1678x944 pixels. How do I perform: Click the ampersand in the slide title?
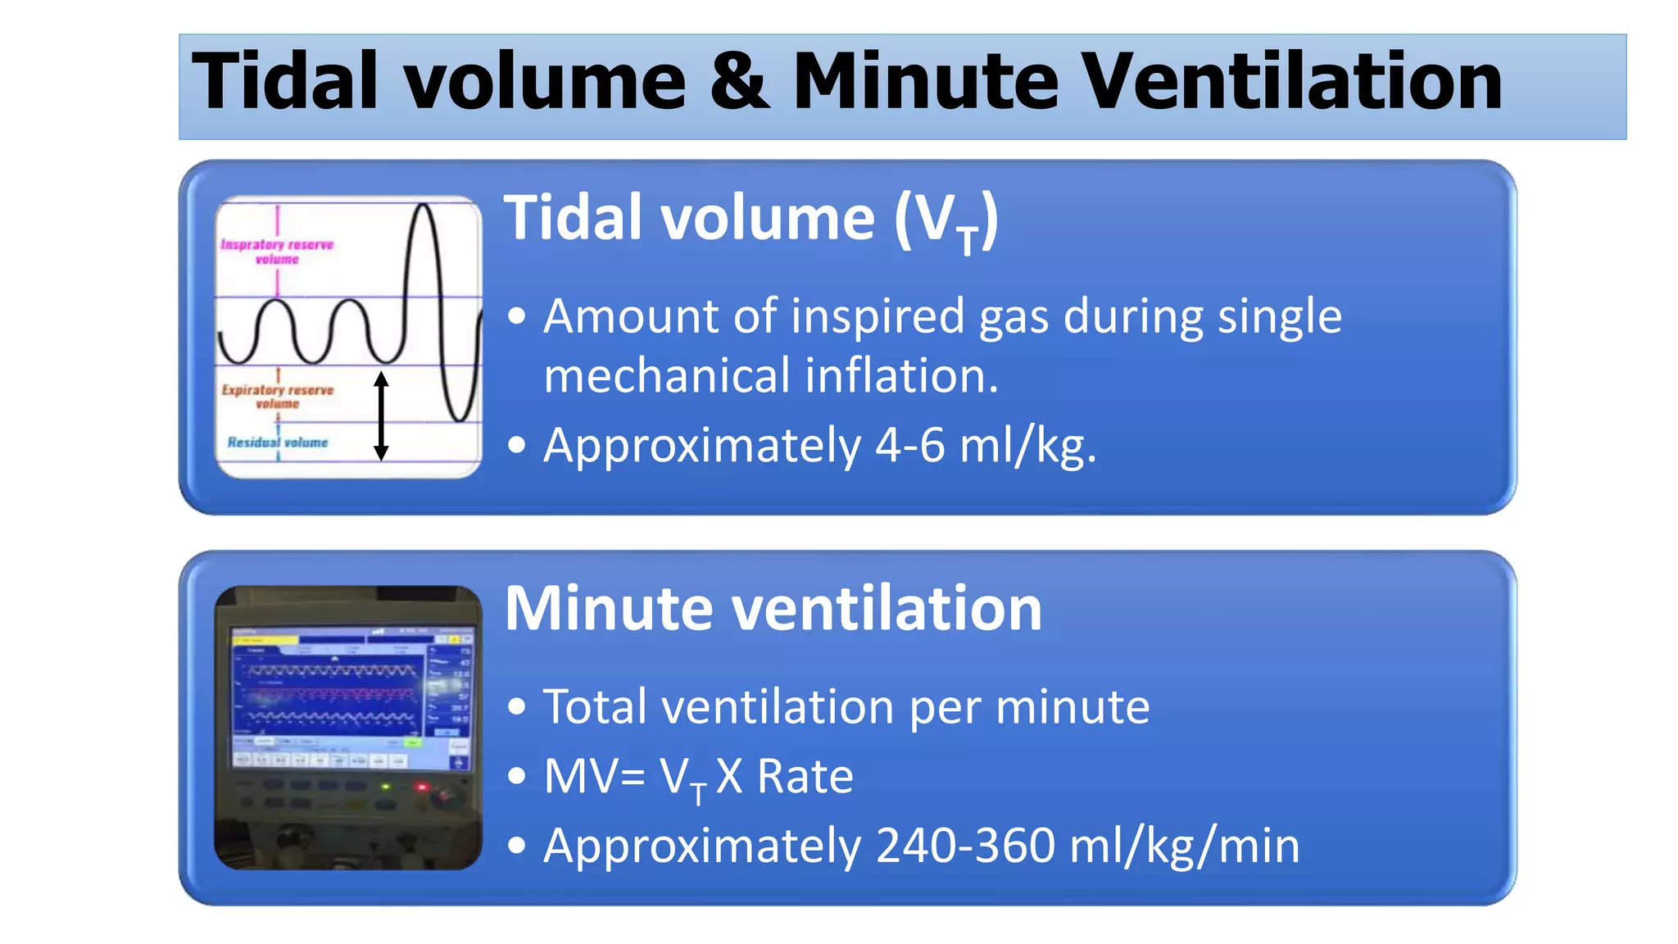click(740, 82)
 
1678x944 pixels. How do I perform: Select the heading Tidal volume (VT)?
click(751, 220)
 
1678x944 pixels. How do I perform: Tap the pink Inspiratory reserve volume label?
click(277, 252)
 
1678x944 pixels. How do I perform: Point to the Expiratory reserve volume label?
click(278, 397)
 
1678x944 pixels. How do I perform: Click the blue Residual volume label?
click(278, 442)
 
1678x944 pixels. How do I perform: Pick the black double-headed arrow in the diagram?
click(381, 415)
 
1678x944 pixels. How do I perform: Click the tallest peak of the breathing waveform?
click(424, 209)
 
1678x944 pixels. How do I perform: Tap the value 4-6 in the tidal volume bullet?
click(909, 447)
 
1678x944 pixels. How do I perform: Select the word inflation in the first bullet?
click(901, 376)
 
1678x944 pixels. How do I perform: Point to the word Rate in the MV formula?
click(805, 777)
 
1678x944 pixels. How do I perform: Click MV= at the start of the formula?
click(594, 777)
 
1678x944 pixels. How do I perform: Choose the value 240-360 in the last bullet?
click(965, 846)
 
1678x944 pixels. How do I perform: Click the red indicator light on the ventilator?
click(423, 787)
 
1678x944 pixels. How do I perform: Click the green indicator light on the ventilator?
click(386, 787)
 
